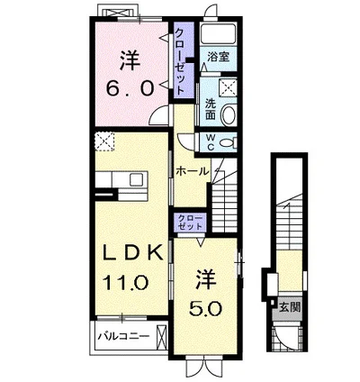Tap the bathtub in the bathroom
coord(219,34)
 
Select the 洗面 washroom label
coord(210,109)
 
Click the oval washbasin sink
coord(229,114)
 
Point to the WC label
coord(211,142)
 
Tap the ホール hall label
coord(192,171)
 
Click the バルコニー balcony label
coord(124,336)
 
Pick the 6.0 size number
coord(130,88)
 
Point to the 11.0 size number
coord(125,283)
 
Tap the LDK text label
coord(132,252)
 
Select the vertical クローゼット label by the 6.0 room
coord(180,62)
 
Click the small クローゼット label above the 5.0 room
coord(190,223)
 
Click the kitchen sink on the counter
coord(138,180)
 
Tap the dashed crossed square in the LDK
coord(104,141)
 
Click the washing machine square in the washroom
coord(228,87)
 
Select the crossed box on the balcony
coord(161,336)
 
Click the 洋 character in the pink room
coord(130,60)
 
